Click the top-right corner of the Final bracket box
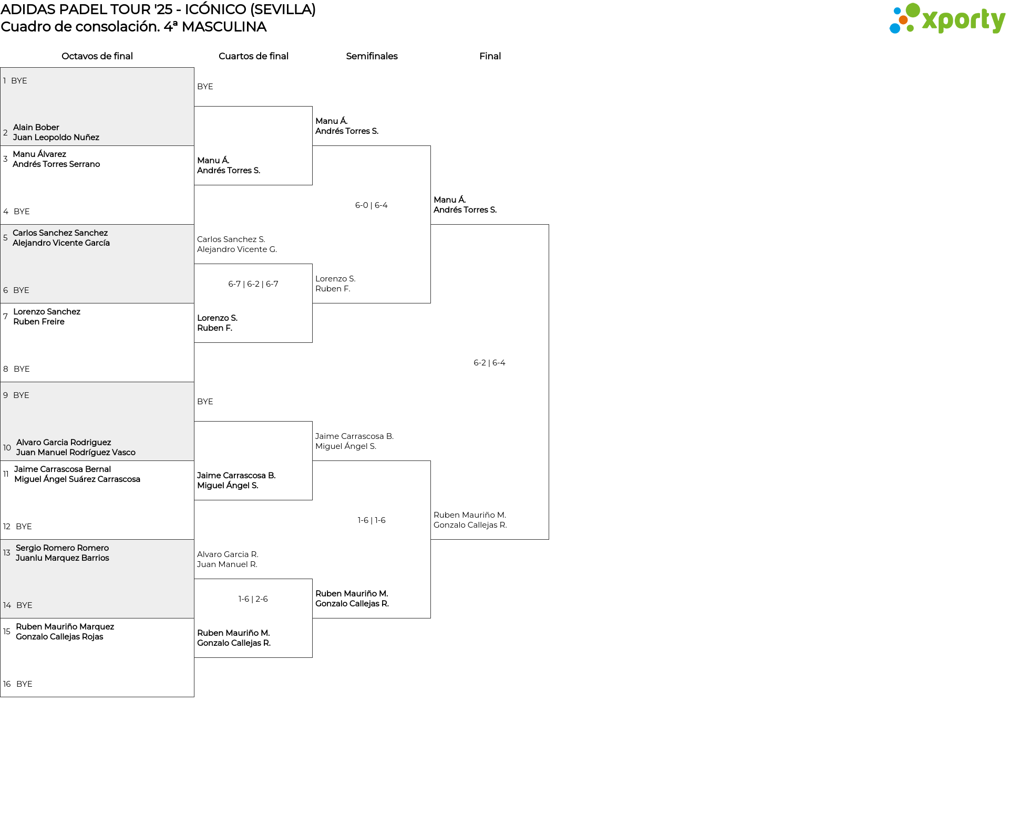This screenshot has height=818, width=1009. [549, 225]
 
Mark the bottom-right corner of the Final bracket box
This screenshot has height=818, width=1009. [549, 539]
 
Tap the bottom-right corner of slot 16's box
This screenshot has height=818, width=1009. [194, 697]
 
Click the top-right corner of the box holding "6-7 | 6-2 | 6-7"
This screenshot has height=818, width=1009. [312, 264]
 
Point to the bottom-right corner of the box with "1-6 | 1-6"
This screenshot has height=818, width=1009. [430, 618]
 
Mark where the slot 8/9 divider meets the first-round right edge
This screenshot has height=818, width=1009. [194, 382]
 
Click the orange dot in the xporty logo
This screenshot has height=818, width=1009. [903, 20]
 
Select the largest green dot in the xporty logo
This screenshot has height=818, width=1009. [913, 11]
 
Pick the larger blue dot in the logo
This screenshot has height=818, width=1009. [895, 28]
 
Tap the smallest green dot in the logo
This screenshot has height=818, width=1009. [910, 28]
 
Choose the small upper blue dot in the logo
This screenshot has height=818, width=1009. [897, 11]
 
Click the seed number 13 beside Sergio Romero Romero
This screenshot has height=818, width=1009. [7, 553]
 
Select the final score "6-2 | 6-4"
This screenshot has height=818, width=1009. [489, 363]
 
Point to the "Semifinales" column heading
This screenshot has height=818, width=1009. [372, 56]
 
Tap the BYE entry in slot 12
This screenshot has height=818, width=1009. [24, 527]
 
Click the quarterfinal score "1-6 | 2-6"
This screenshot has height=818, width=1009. [253, 599]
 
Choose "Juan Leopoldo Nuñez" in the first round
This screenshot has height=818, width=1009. [56, 138]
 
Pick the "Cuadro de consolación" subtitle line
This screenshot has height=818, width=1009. [133, 27]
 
